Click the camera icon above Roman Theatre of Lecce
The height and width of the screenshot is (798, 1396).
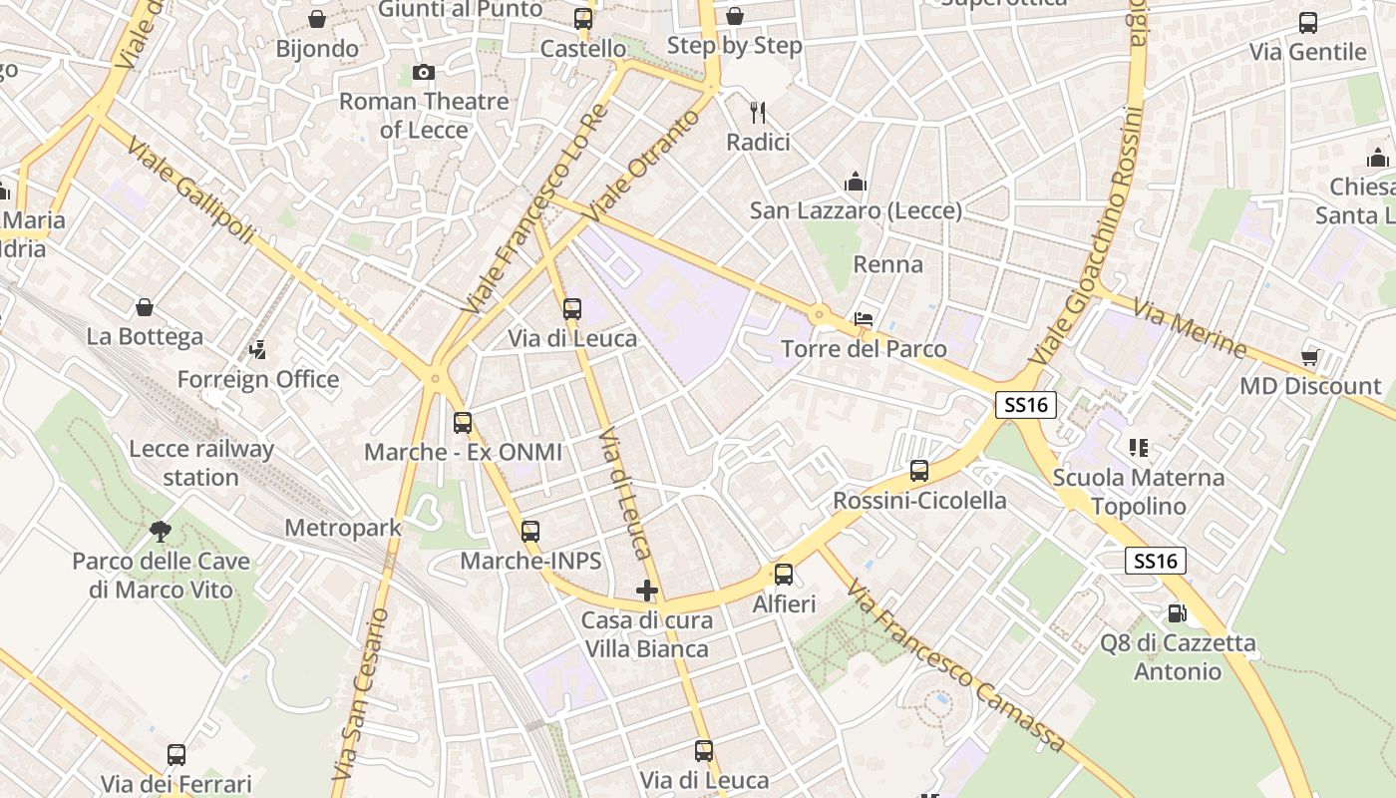[x=424, y=72]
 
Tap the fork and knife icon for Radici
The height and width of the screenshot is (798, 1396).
[x=758, y=112]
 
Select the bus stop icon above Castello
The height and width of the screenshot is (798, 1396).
[x=583, y=19]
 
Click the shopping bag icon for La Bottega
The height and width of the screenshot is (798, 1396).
[x=145, y=307]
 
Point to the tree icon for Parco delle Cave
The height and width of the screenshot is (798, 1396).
[x=160, y=531]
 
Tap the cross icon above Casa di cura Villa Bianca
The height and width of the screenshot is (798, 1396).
[x=647, y=590]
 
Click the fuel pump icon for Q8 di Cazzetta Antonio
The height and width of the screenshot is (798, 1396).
[x=1178, y=612]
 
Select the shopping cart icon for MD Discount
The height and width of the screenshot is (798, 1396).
[x=1310, y=357]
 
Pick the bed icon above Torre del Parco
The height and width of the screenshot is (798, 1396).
[x=864, y=320]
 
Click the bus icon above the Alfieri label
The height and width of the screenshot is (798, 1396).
[x=784, y=575]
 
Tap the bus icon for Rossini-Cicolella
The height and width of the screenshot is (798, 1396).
[x=919, y=471]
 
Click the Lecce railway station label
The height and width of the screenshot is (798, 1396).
[x=200, y=463]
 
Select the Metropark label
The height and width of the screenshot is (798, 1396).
[x=343, y=528]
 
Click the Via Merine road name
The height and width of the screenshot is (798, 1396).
[x=1190, y=332]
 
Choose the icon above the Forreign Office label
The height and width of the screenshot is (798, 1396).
[x=258, y=350]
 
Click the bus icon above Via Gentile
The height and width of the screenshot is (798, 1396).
[x=1308, y=23]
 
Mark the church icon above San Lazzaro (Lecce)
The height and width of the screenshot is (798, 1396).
[x=856, y=182]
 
